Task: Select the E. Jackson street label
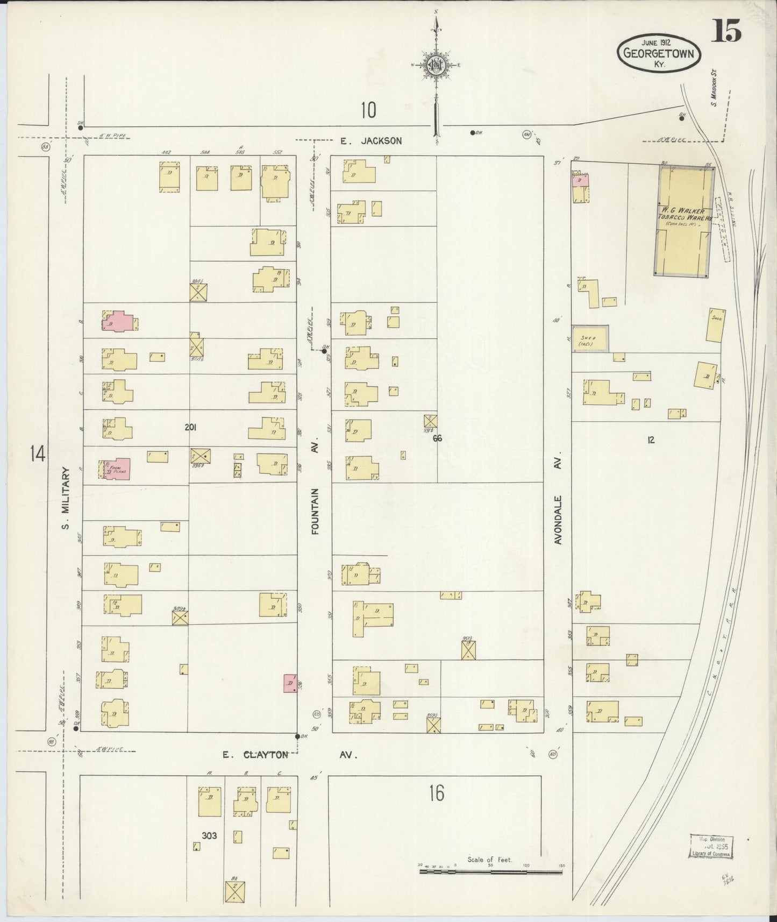(370, 141)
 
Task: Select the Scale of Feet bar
(490, 870)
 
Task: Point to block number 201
(190, 428)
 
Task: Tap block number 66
(437, 438)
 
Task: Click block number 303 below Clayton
(209, 835)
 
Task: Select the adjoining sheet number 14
(38, 454)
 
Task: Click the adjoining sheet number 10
(368, 110)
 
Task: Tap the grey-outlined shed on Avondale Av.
(590, 339)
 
